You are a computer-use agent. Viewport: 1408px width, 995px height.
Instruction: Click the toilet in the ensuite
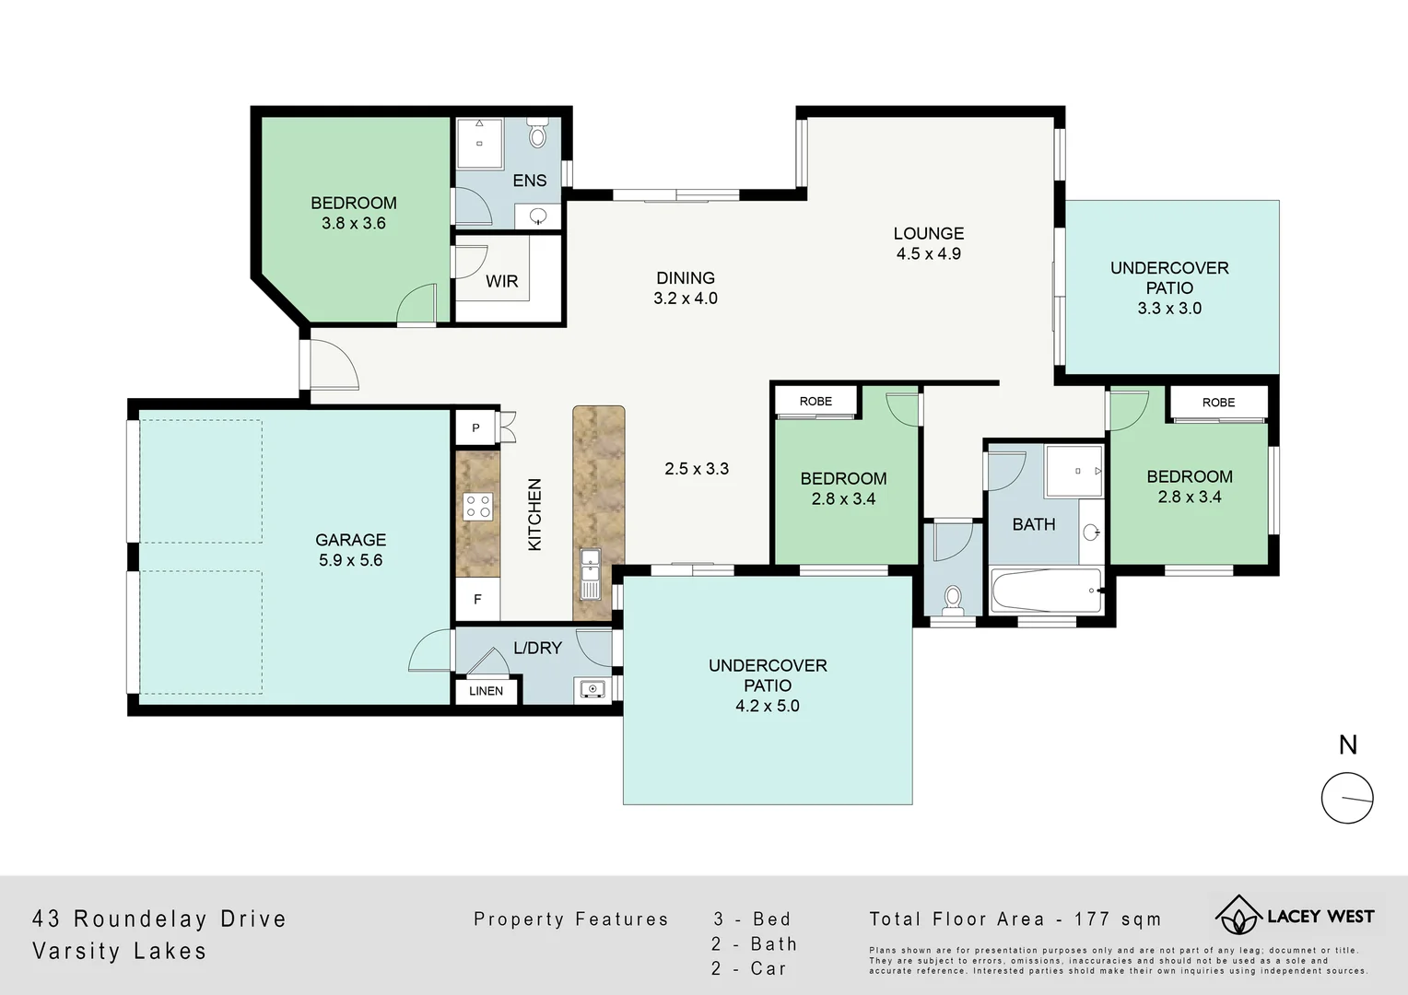tap(538, 135)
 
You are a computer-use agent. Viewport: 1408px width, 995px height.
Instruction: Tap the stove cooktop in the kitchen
tap(478, 506)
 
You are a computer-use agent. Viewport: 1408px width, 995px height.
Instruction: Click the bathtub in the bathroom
tap(1046, 591)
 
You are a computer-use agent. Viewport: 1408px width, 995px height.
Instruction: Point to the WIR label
tap(501, 281)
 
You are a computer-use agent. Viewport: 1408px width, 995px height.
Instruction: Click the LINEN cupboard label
tap(486, 691)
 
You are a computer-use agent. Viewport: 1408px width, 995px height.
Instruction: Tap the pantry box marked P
tap(475, 427)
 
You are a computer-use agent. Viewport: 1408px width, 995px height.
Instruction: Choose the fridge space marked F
tap(477, 599)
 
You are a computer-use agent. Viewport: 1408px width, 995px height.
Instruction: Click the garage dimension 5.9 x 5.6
tap(350, 560)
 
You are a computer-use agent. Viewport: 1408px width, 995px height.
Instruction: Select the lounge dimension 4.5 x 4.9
tap(928, 254)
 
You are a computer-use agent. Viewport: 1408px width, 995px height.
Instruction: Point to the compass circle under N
tap(1347, 798)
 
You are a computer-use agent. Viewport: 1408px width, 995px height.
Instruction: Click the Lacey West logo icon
tap(1238, 916)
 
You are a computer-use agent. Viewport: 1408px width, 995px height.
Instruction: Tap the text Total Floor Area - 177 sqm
tap(1015, 919)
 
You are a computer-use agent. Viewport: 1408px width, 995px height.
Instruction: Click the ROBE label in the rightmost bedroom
tap(1218, 403)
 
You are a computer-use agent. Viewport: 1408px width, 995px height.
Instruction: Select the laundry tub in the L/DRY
tap(591, 688)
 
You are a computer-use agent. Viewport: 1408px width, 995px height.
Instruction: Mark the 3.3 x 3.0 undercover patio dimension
tap(1169, 309)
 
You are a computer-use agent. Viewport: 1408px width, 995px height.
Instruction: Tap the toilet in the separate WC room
tap(953, 600)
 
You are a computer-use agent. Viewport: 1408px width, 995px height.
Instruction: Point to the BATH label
tap(1033, 524)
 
